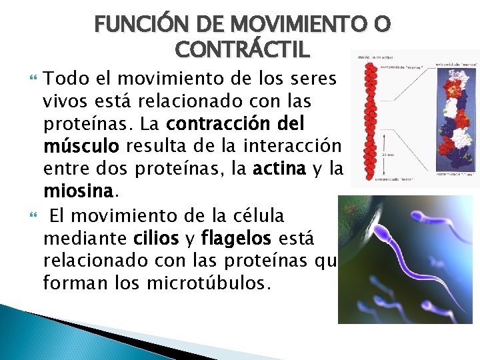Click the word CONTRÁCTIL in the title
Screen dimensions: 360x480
click(x=241, y=49)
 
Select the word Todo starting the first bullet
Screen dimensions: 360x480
click(x=63, y=79)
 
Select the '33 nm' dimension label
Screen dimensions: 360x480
click(x=387, y=154)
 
